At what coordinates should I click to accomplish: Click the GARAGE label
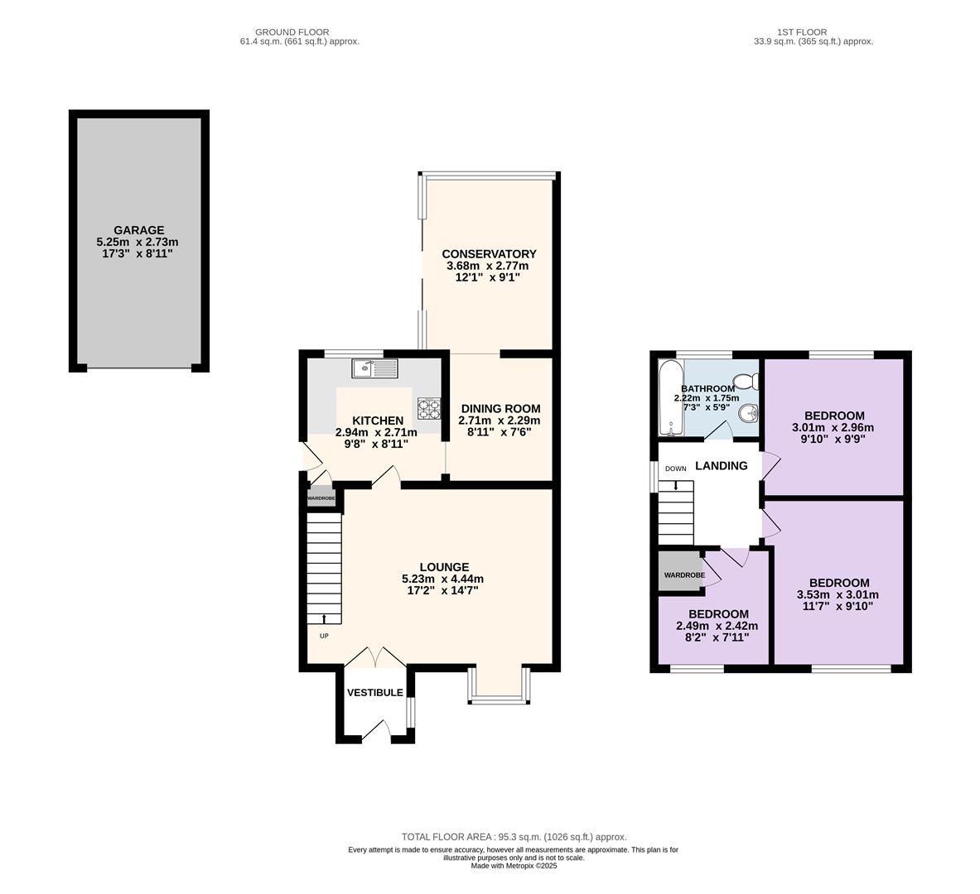138,230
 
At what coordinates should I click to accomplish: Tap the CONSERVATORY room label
489,253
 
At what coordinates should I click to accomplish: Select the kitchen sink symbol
374,368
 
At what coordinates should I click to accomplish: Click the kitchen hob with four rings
429,408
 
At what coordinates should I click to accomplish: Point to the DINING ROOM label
500,409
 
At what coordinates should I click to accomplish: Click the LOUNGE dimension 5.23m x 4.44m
442,579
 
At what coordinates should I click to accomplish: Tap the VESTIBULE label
375,692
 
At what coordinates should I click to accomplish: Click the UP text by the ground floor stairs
324,636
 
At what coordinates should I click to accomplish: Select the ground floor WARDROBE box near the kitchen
321,498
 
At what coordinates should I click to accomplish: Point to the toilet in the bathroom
747,381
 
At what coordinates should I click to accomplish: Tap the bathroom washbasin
749,413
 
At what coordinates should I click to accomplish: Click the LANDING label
722,465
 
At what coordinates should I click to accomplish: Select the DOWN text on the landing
676,469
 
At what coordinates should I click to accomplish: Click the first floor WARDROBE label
684,574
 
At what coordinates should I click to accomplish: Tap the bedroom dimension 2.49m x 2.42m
717,626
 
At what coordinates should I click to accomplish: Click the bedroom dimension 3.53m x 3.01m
838,594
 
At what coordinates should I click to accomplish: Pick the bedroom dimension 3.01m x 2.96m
833,428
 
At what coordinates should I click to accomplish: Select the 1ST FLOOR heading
802,31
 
